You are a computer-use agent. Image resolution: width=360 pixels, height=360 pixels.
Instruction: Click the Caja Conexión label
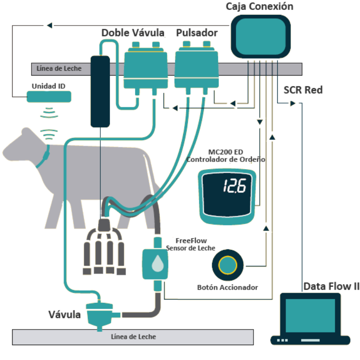point(260,6)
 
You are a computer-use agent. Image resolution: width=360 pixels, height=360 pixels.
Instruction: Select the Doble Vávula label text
point(132,33)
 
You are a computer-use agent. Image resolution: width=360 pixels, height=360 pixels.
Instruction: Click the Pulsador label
point(197,33)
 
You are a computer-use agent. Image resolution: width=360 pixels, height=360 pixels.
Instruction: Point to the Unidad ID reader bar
point(49,96)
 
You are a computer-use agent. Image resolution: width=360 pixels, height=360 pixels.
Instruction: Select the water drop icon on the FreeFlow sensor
point(157,264)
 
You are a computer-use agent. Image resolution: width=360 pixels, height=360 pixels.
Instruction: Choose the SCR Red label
point(303,90)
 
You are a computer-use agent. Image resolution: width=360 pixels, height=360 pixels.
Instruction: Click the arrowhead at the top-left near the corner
point(49,25)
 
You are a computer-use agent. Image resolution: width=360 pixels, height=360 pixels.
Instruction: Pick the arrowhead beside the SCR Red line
point(292,103)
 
